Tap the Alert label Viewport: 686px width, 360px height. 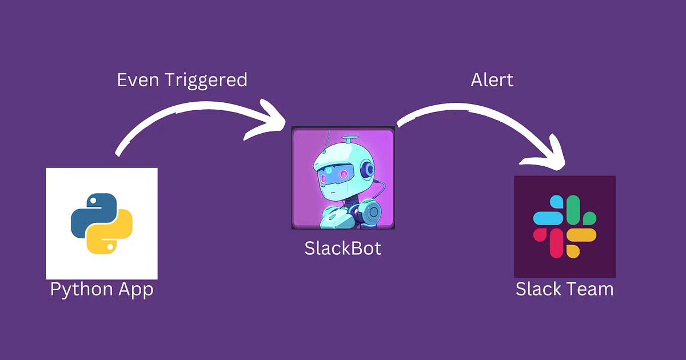tap(492, 79)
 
